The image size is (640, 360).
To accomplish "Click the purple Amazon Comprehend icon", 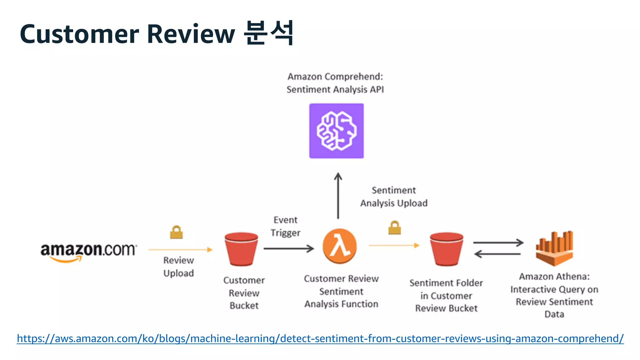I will (x=336, y=131).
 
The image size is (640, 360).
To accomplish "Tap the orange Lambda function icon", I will (x=339, y=246).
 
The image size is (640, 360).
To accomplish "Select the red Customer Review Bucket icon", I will (x=241, y=249).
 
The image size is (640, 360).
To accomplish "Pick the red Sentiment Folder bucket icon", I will (x=446, y=249).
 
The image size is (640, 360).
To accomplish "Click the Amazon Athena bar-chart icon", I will (x=554, y=248).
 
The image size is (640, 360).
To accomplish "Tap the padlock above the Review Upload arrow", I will (x=176, y=232).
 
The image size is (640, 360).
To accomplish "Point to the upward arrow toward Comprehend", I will (x=338, y=195).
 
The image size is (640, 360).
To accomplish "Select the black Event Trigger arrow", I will (x=288, y=249).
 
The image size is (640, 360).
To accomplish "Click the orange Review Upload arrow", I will (x=180, y=249).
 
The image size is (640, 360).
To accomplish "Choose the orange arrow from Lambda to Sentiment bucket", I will (x=394, y=245).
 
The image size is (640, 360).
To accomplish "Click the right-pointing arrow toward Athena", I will (x=498, y=242).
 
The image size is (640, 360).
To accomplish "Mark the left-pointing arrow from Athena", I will (x=497, y=254).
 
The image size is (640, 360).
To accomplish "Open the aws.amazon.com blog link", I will (x=320, y=338).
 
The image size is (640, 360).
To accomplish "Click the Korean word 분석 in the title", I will (x=269, y=33).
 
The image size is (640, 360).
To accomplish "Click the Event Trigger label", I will (x=285, y=226).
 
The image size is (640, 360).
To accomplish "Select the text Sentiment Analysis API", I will (x=335, y=90).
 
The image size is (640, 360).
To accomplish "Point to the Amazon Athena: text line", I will (x=554, y=277).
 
